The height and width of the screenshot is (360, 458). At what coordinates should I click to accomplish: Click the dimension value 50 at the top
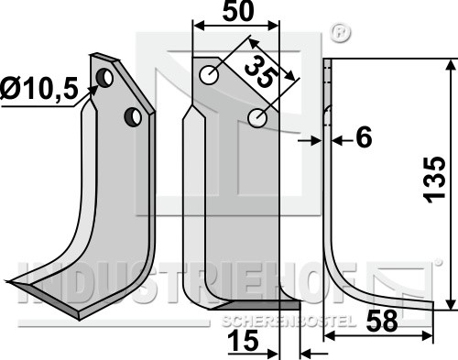[x=238, y=11]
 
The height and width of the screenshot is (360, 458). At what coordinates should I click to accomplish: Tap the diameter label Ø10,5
[x=39, y=89]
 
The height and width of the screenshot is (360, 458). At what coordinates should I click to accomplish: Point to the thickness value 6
[x=364, y=137]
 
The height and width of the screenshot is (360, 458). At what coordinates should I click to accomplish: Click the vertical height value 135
[x=435, y=180]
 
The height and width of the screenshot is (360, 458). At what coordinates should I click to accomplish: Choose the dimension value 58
[x=382, y=321]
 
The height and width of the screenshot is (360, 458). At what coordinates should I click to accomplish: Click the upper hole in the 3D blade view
[x=104, y=78]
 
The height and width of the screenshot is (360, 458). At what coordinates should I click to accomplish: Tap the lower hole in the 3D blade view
[x=133, y=117]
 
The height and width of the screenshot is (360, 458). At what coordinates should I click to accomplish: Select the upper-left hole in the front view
[x=209, y=75]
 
